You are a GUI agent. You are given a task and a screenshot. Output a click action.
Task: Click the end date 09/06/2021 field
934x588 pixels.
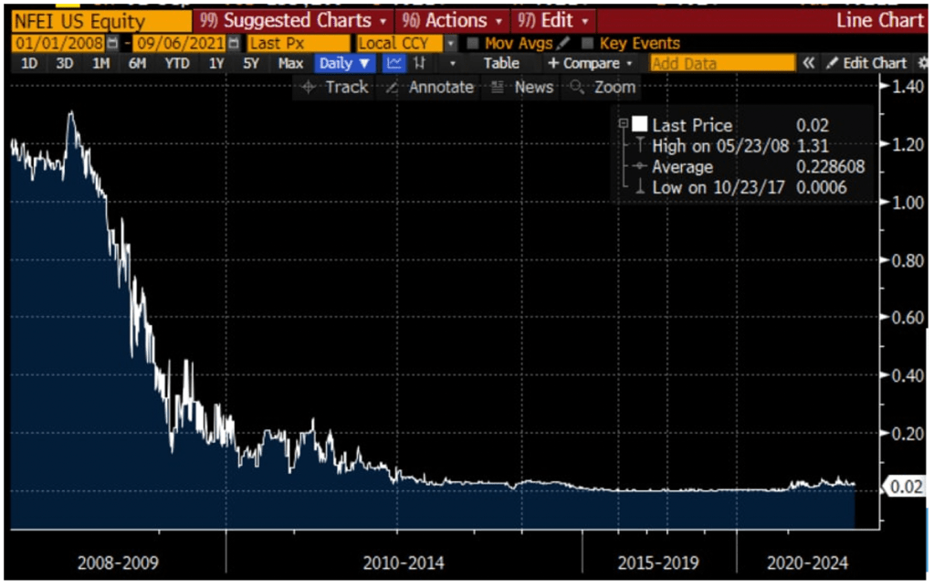coord(179,43)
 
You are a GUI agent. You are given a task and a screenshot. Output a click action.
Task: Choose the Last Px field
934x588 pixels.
coord(298,43)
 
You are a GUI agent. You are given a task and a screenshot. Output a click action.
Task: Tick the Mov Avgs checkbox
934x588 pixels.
coord(473,43)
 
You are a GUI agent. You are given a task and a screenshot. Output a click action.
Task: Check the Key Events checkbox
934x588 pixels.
coord(588,43)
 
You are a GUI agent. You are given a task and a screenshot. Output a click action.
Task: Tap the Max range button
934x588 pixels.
coord(290,63)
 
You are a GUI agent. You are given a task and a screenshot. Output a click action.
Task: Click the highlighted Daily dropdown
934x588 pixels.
coord(345,63)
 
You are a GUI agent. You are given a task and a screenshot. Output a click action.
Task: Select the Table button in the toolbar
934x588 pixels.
coord(501,63)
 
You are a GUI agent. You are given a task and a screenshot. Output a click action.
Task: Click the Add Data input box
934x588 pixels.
coord(722,63)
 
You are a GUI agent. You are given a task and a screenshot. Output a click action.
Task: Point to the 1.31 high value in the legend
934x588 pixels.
coord(808,146)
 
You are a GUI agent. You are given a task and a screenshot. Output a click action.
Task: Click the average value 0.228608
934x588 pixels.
coord(829,167)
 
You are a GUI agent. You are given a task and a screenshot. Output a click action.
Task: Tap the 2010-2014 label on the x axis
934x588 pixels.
coord(404,562)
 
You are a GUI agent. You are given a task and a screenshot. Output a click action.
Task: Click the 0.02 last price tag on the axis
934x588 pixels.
coord(905,487)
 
